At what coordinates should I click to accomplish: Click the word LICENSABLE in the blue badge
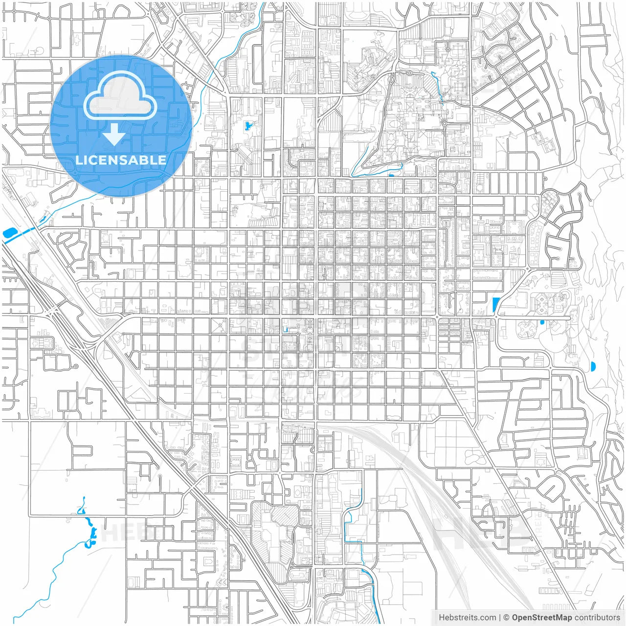pyautogui.click(x=121, y=160)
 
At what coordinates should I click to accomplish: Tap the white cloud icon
pyautogui.click(x=120, y=96)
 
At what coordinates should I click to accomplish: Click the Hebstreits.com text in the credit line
pyautogui.click(x=468, y=618)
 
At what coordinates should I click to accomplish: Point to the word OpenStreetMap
pyautogui.click(x=542, y=618)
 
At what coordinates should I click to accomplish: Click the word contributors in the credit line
pyautogui.click(x=597, y=618)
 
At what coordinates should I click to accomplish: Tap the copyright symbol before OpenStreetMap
pyautogui.click(x=507, y=618)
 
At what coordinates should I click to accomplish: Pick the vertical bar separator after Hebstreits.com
pyautogui.click(x=500, y=618)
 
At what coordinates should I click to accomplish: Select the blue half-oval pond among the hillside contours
pyautogui.click(x=593, y=366)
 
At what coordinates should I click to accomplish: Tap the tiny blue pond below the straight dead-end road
pyautogui.click(x=542, y=323)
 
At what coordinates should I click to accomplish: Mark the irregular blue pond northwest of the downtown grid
pyautogui.click(x=248, y=126)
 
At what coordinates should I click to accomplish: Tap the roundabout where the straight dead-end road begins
pyautogui.click(x=496, y=317)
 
